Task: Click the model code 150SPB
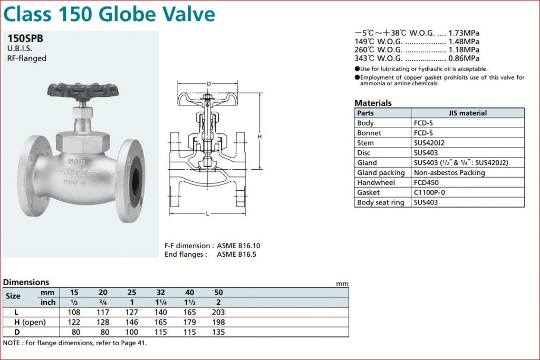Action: (x=25, y=38)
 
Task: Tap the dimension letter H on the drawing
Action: (x=259, y=137)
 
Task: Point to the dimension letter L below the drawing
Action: (x=207, y=213)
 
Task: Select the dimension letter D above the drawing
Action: (x=209, y=84)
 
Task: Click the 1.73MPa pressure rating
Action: (x=464, y=33)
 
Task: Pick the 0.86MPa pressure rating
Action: (x=464, y=58)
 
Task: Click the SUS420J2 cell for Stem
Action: (x=429, y=143)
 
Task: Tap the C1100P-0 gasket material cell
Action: (x=429, y=192)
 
